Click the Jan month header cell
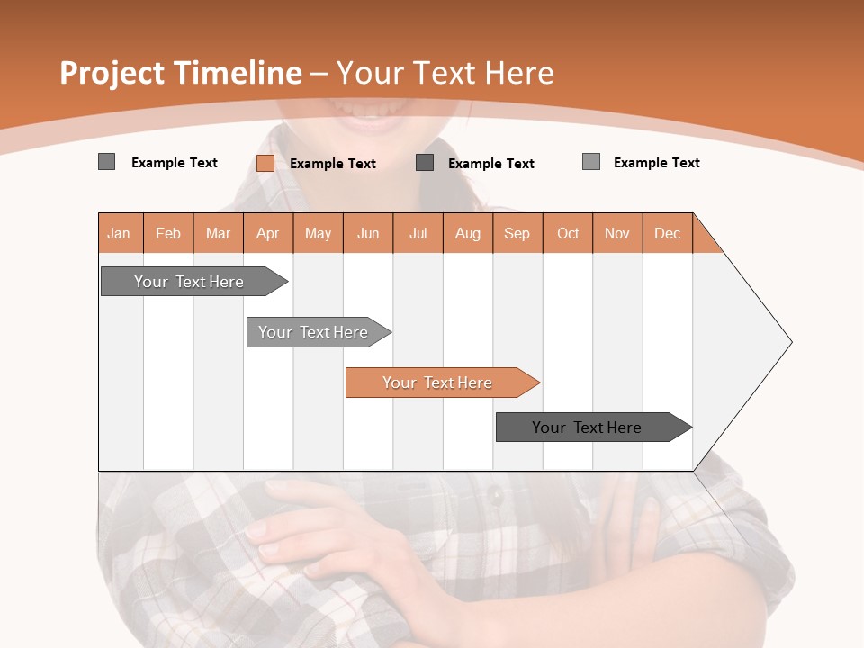tap(120, 233)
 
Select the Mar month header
tap(218, 233)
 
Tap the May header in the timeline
tap(318, 233)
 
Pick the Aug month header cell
tap(467, 233)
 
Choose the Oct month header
tap(567, 233)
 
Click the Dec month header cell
tap(667, 233)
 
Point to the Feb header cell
tap(168, 233)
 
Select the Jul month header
tap(418, 233)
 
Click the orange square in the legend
tap(265, 163)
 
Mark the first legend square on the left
tap(106, 162)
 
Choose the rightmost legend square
tap(591, 162)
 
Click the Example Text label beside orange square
tap(333, 164)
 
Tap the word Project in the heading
tap(112, 73)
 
